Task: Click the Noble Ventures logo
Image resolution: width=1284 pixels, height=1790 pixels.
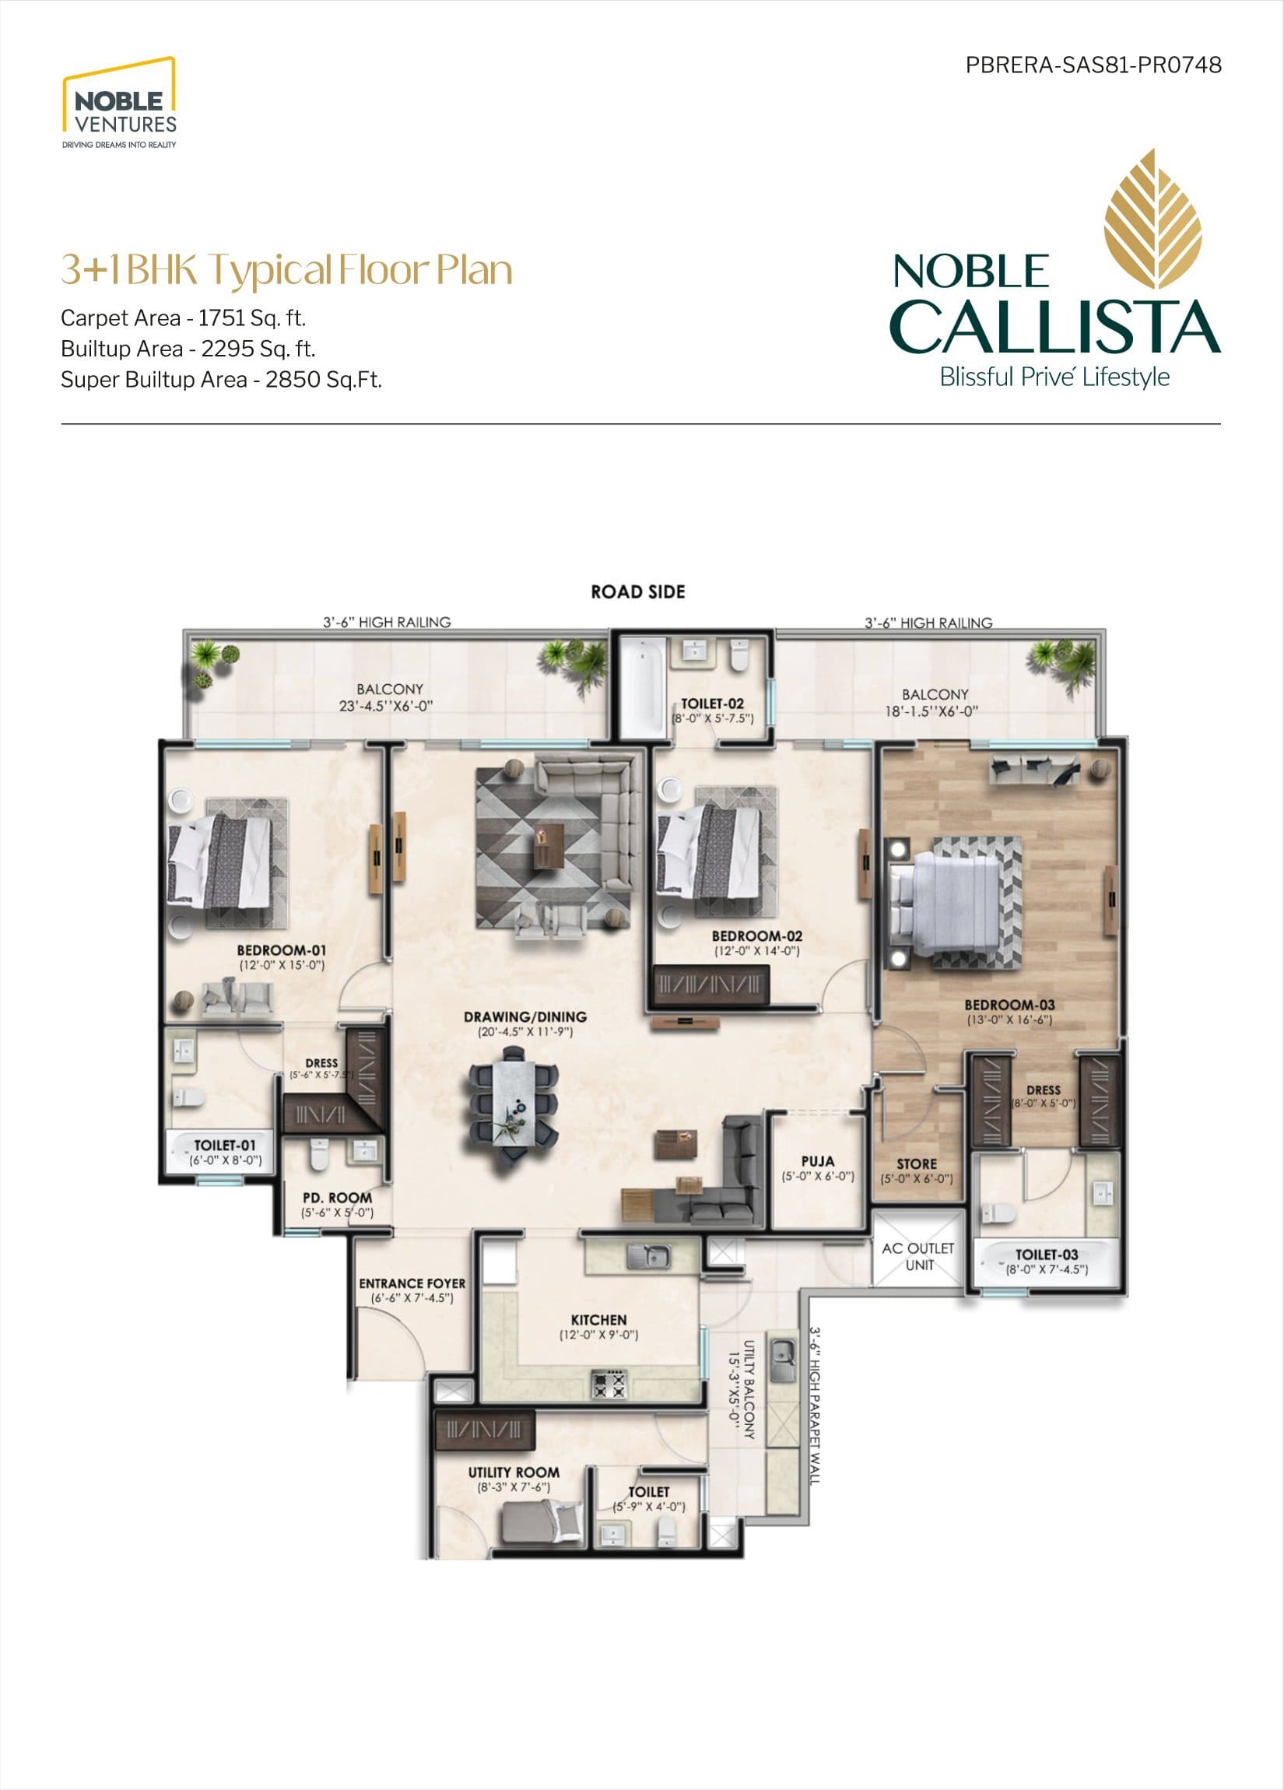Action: coord(119,103)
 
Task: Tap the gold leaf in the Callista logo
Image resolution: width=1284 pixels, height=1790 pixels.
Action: coord(1152,222)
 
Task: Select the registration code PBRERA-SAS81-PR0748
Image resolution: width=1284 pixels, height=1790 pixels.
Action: coord(1094,65)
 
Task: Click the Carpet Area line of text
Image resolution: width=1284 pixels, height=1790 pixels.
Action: coord(183,318)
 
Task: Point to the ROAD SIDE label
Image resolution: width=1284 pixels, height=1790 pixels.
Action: coord(637,592)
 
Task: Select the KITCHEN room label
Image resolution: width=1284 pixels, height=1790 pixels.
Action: coord(599,1320)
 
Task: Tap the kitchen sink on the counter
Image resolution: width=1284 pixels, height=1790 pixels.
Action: coord(649,1255)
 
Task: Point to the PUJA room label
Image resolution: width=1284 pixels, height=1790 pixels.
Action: coord(818,1161)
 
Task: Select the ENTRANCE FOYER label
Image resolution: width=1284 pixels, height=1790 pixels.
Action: coord(412,1283)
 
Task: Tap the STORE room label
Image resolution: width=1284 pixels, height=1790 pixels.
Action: coord(917,1163)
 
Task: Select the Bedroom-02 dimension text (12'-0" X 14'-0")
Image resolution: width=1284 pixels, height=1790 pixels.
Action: coord(757,951)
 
